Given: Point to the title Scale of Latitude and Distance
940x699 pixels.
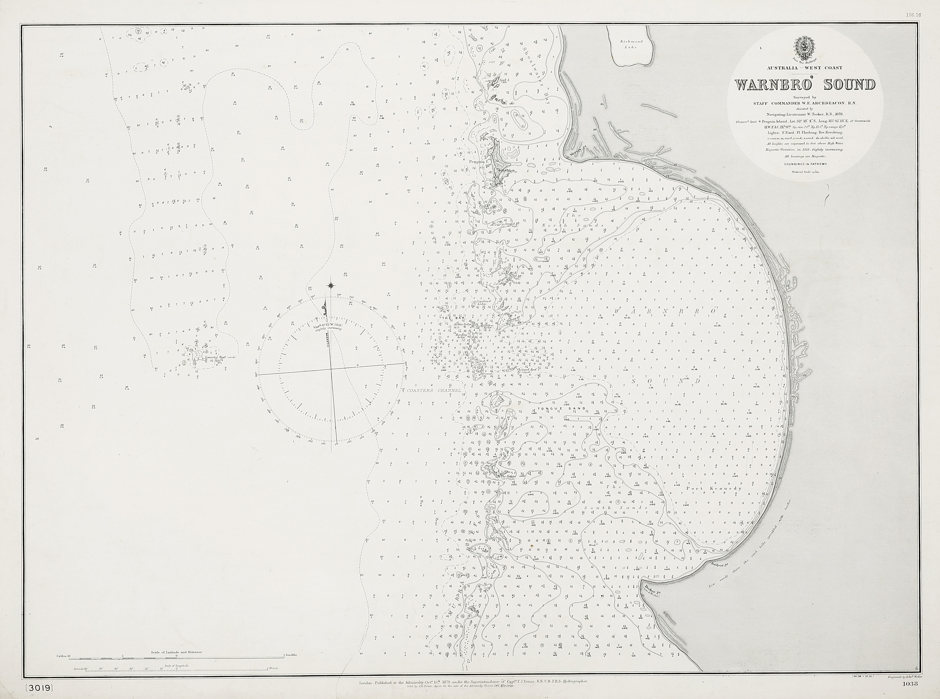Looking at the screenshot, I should (x=177, y=652).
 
